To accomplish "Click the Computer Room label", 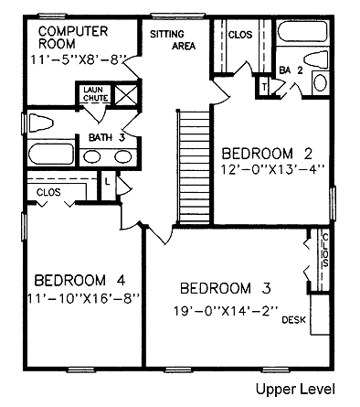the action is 73,37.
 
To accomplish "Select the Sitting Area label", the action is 173,39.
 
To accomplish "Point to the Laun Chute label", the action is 96,94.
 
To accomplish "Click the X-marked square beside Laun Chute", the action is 125,94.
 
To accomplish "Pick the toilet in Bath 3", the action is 40,123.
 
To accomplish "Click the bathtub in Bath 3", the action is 51,154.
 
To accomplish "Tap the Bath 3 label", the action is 107,137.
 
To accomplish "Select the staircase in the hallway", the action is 195,166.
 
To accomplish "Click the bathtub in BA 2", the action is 302,31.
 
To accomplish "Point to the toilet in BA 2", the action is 316,59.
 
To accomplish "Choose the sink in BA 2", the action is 321,83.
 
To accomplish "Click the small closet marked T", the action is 264,87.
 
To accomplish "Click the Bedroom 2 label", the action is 267,154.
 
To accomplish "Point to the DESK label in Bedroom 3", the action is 293,320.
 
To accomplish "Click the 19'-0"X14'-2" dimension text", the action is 226,311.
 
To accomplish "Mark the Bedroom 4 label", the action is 79,280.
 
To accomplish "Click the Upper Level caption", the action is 295,390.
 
